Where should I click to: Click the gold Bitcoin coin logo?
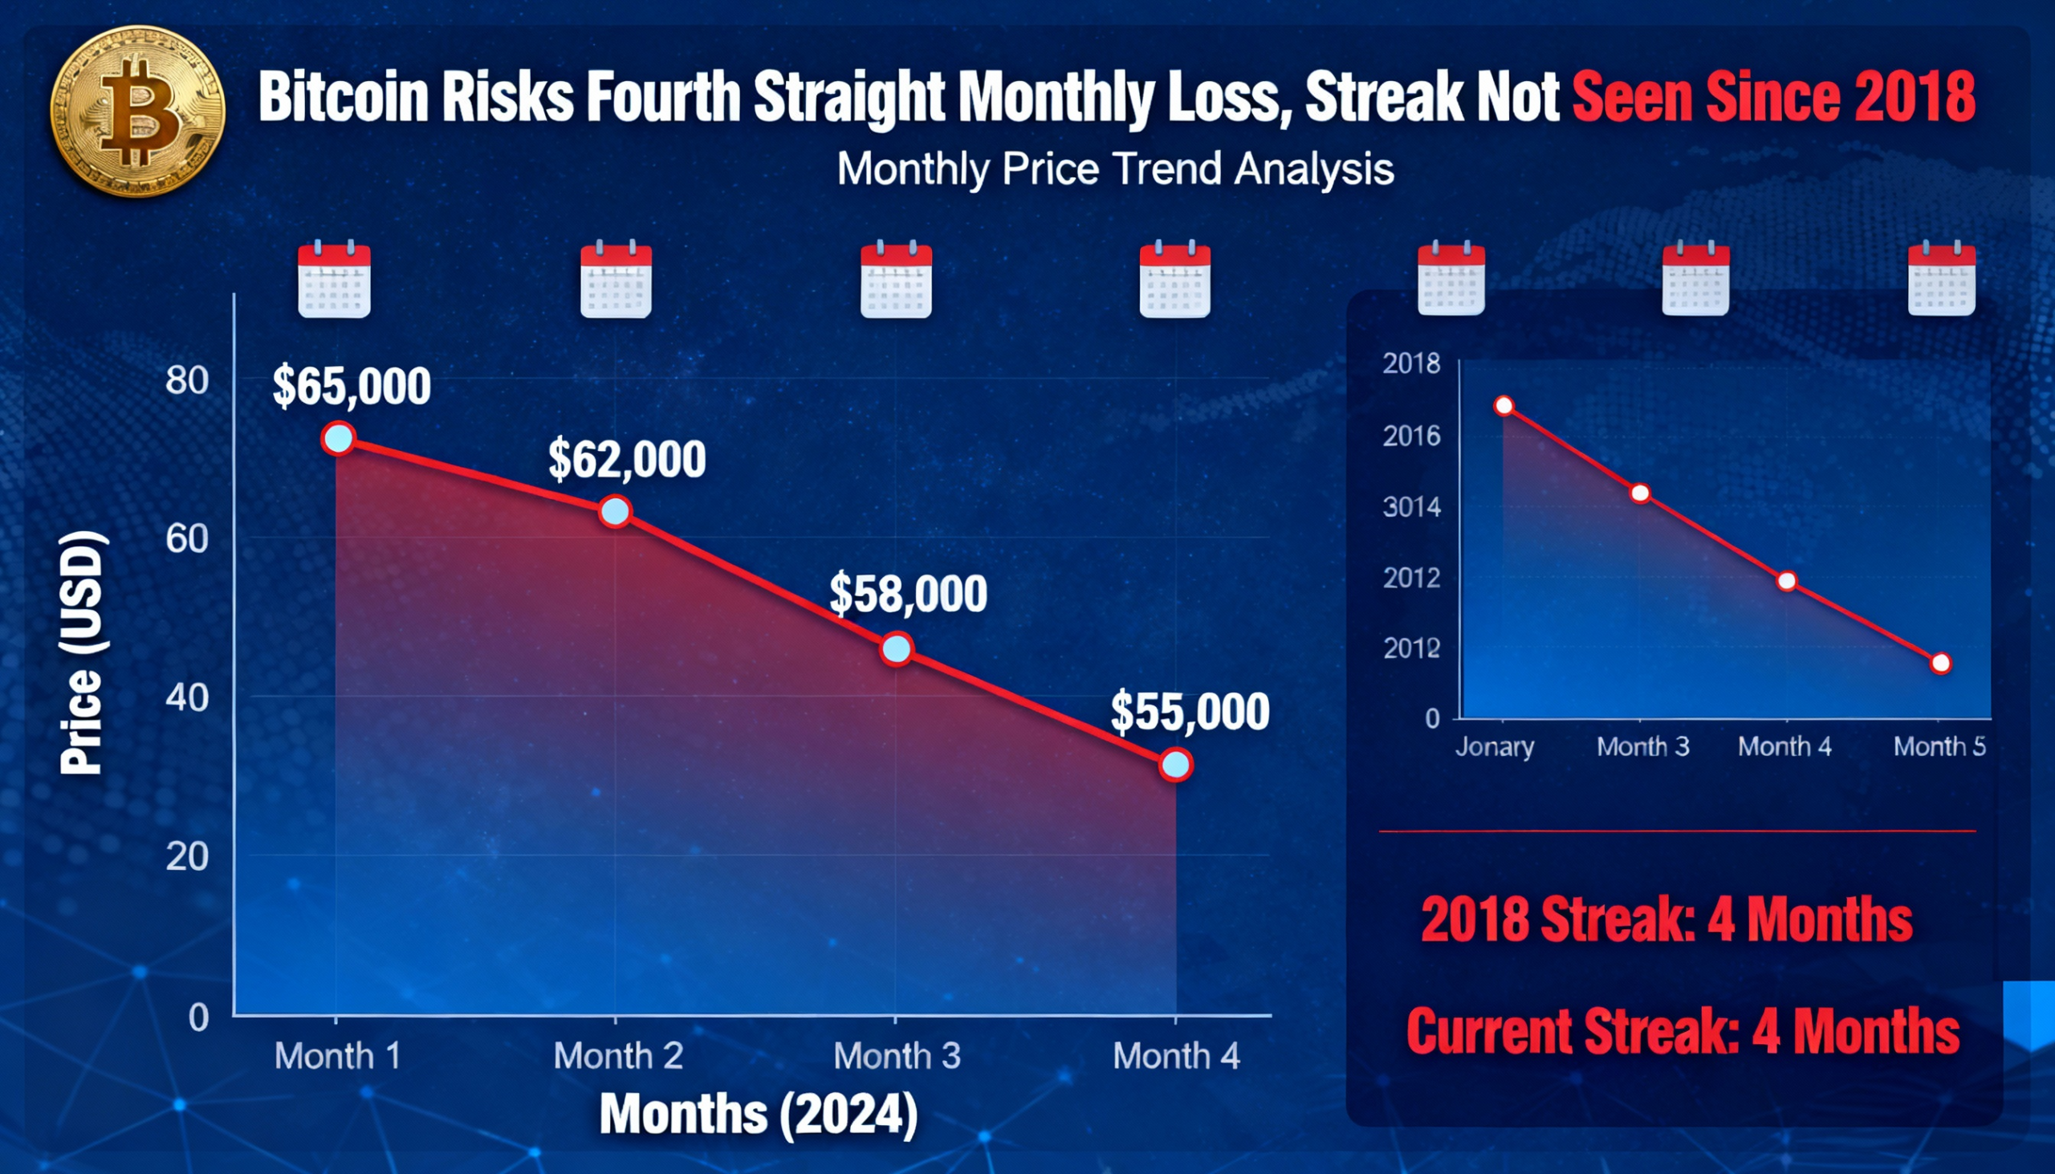click(137, 112)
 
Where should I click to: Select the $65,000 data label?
click(351, 386)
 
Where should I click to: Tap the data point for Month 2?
click(616, 511)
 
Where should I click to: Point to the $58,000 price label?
click(907, 595)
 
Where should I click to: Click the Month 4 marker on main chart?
click(1175, 764)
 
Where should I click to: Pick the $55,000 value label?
click(1190, 712)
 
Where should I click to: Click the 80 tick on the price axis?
click(187, 380)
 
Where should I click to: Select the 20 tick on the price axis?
click(187, 856)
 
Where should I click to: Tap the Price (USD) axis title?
click(82, 653)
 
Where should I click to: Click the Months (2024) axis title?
click(758, 1115)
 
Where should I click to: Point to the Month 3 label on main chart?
click(897, 1056)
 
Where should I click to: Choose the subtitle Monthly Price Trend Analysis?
click(1116, 169)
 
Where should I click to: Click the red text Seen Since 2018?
click(1772, 97)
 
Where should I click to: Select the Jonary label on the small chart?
click(1495, 746)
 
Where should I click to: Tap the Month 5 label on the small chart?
click(1939, 746)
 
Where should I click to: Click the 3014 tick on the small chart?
click(1411, 507)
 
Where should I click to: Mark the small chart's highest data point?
click(1504, 405)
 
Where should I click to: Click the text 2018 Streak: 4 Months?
click(1666, 919)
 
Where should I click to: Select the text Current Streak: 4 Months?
click(1683, 1031)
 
